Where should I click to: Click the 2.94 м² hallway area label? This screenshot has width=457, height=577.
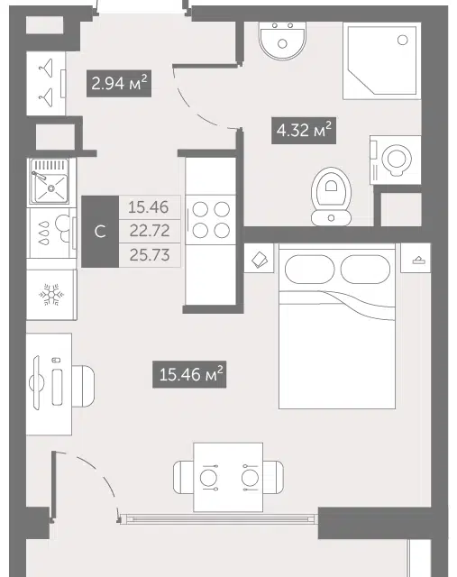coord(119,83)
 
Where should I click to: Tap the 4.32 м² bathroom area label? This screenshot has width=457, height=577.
coord(304,130)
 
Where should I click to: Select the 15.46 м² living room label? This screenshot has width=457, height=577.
coord(189,374)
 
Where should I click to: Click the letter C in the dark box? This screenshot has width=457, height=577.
coord(100,232)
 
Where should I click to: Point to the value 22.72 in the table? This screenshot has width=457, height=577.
coord(150,231)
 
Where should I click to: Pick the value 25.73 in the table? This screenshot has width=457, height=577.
coord(150,254)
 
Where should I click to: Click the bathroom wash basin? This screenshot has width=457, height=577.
coord(282,40)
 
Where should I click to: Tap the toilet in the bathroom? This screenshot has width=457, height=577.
coord(331,197)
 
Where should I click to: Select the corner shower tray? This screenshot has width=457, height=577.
coord(381,60)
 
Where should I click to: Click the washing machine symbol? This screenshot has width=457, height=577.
coord(395,160)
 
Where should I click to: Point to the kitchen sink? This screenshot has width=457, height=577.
coord(50,181)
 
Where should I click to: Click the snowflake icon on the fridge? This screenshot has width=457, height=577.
coord(51,295)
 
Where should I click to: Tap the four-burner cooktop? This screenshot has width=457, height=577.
coord(211,220)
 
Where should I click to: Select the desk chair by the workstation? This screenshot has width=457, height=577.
coord(83,386)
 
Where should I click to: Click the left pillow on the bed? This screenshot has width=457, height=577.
coord(309,269)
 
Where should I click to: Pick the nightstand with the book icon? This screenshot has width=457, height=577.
coord(259,258)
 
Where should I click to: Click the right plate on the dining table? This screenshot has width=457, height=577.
coord(250,478)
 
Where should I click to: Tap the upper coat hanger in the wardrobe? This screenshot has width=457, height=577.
coord(46,68)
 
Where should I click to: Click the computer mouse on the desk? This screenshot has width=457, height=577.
coord(56,360)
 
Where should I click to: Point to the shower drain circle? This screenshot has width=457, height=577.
coord(403,40)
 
